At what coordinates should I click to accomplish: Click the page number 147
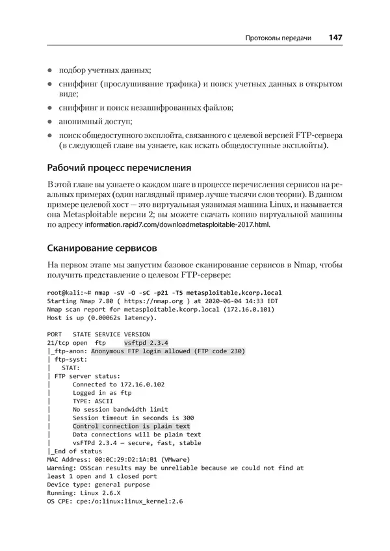[x=335, y=38]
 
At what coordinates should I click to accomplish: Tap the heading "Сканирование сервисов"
[x=102, y=248]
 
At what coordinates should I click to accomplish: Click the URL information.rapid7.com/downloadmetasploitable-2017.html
[x=177, y=225]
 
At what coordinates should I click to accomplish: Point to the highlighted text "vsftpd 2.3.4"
[x=146, y=343]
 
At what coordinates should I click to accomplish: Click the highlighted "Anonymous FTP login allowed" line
[x=168, y=351]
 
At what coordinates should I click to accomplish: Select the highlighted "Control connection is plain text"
[x=131, y=426]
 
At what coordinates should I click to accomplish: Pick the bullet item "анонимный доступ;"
[x=95, y=121]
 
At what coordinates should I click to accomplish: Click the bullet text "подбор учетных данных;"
[x=105, y=70]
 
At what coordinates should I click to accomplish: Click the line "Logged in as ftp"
[x=102, y=393]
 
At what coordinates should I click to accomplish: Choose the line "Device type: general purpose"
[x=98, y=484]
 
